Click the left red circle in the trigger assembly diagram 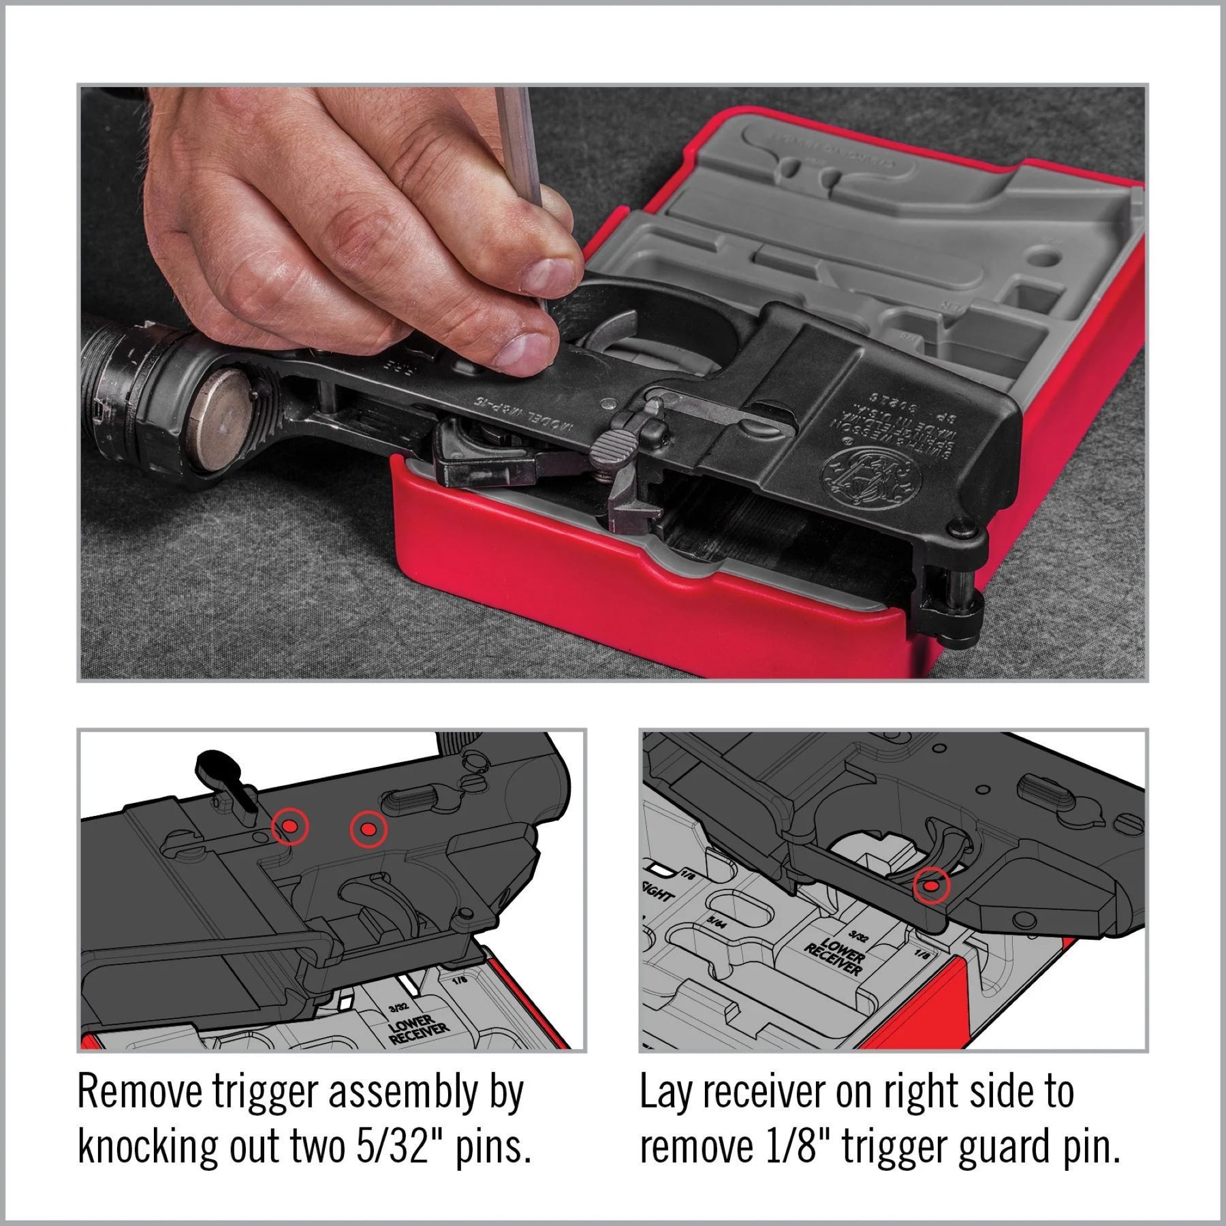tap(289, 827)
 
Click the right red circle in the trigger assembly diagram tap(368, 829)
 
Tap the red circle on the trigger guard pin tap(930, 886)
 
